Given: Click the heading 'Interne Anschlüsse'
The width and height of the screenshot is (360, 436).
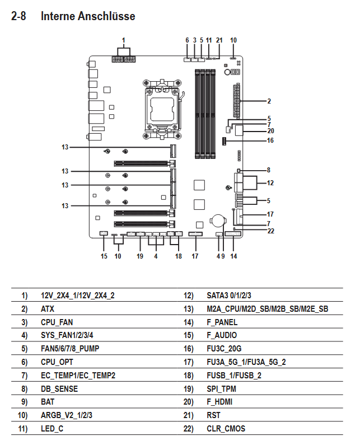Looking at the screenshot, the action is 88,16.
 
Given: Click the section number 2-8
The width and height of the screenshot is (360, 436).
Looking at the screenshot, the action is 18,16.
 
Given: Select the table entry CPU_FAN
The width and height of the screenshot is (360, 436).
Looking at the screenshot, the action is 57,322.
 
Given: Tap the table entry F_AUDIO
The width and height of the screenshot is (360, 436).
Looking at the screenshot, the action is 222,335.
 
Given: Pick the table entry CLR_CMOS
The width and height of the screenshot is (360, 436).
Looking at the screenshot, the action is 226,429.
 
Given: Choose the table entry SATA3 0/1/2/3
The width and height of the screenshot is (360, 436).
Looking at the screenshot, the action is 228,296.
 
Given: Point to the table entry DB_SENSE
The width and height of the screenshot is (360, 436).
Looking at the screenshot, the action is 59,389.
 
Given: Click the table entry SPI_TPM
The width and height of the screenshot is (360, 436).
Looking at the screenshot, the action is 221,389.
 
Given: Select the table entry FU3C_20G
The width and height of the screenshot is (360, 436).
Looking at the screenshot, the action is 224,349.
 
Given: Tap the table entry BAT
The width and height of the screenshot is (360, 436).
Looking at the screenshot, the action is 48,402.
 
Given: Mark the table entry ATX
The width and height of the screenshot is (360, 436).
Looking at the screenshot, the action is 48,309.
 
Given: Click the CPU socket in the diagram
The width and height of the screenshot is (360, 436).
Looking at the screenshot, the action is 162,109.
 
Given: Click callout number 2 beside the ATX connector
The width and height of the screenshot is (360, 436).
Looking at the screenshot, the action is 269,101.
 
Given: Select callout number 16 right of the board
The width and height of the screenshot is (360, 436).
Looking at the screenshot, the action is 270,140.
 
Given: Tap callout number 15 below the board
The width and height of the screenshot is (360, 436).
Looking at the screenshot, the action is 104,256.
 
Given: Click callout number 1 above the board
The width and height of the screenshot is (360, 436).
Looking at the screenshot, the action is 124,40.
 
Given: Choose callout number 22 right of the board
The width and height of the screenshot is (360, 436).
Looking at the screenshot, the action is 270,231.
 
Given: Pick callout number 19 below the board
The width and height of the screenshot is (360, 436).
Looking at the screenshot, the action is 140,256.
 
